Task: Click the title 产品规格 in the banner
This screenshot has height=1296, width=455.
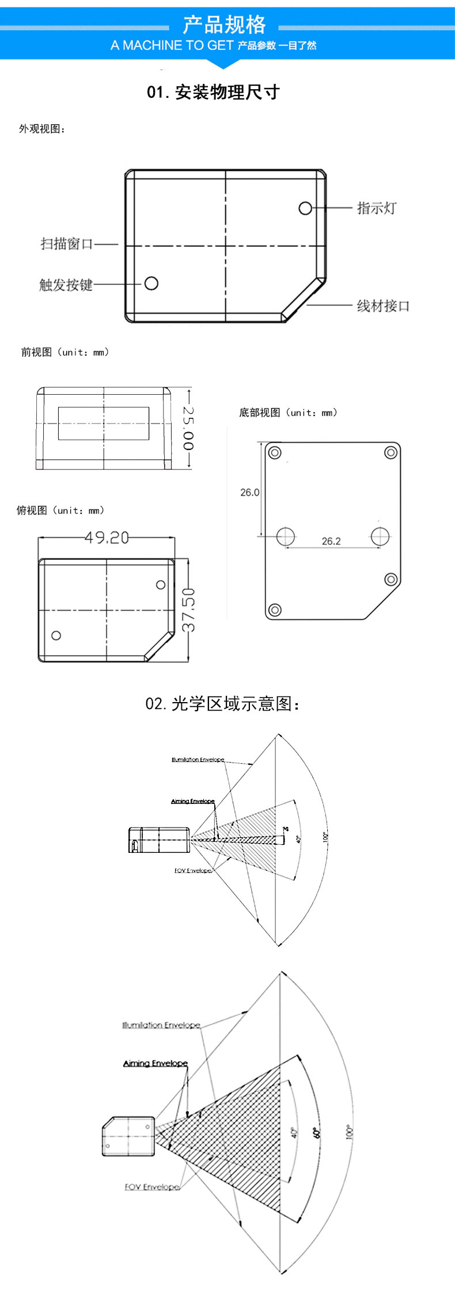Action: click(x=224, y=25)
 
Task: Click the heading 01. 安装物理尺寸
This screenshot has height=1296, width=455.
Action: click(x=213, y=92)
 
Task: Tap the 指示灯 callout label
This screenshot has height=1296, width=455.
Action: click(x=377, y=208)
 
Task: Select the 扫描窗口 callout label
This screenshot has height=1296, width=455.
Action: click(x=67, y=244)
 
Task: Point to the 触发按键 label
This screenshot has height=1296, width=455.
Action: click(x=66, y=285)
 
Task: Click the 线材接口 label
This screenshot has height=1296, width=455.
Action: click(x=383, y=306)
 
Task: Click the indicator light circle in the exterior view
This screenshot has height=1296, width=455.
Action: click(x=305, y=208)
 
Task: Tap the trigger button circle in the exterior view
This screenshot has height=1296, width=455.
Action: click(x=151, y=283)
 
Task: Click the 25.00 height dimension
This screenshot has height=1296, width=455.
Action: click(x=188, y=428)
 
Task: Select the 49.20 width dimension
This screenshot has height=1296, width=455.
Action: click(x=107, y=538)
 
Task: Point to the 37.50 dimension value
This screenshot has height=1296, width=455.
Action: click(x=189, y=609)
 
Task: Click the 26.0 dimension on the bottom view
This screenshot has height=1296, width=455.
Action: click(x=249, y=493)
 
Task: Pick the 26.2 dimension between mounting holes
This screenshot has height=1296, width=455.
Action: click(x=331, y=542)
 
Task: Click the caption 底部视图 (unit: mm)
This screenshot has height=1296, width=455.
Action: click(x=288, y=413)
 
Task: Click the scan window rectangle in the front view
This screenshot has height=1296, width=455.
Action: click(x=104, y=424)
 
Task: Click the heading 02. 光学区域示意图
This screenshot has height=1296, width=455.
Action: click(x=222, y=704)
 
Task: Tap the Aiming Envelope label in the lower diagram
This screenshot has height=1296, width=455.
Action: click(x=156, y=1063)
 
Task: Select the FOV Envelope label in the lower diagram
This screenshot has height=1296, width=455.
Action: click(x=152, y=1187)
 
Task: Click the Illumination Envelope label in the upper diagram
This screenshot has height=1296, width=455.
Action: click(x=198, y=760)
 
